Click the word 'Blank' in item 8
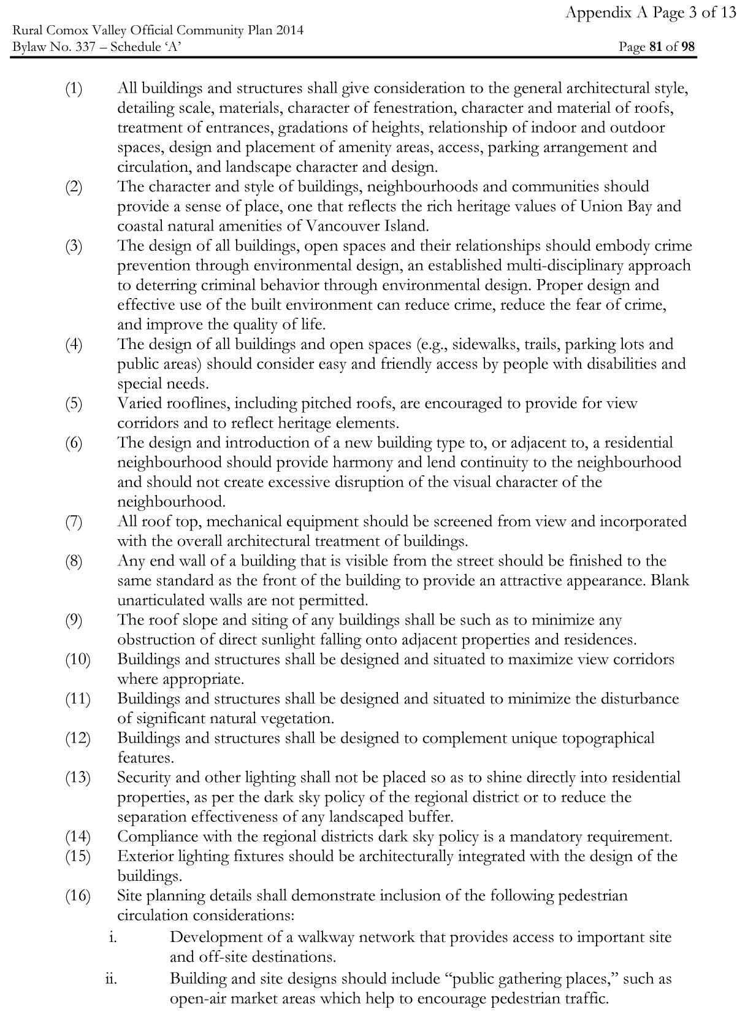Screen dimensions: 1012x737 (670, 580)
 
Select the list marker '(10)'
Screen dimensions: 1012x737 (77, 660)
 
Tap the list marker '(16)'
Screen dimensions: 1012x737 (77, 896)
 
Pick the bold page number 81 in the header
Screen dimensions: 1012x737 (655, 47)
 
